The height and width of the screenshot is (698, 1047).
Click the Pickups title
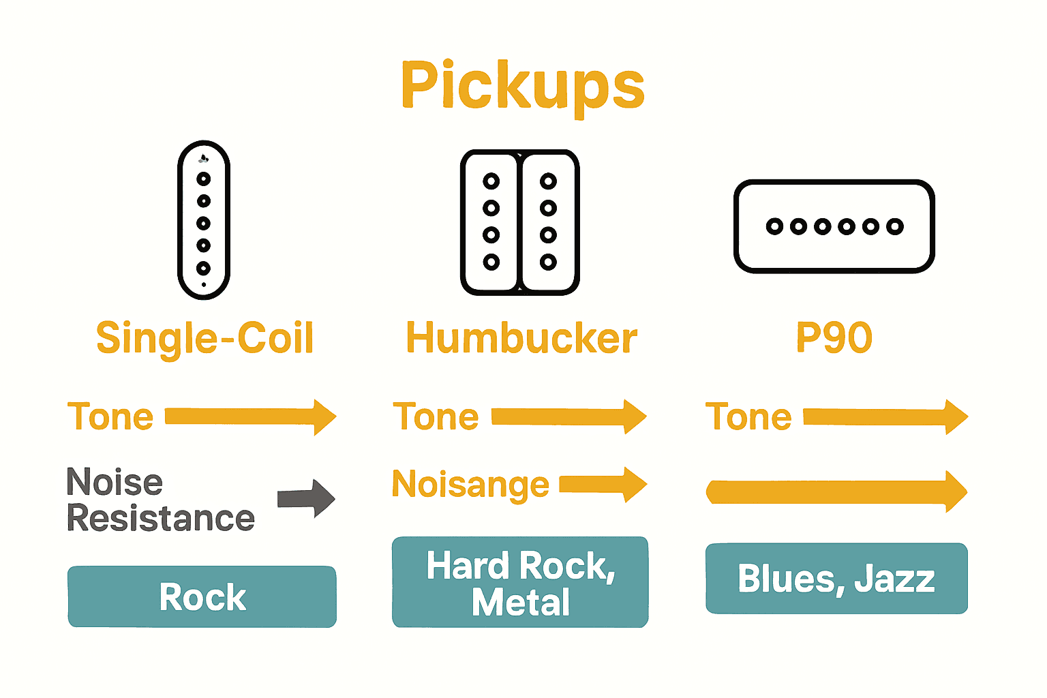pyautogui.click(x=523, y=85)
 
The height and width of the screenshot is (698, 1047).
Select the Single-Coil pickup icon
pyautogui.click(x=204, y=219)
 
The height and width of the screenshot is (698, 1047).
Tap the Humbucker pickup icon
pyautogui.click(x=520, y=222)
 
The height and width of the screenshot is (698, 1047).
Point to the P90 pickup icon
pyautogui.click(x=834, y=226)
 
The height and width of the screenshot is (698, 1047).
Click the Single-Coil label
pyautogui.click(x=204, y=338)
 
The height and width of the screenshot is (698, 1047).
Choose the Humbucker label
pyautogui.click(x=521, y=338)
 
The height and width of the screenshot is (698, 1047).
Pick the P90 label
pyautogui.click(x=834, y=338)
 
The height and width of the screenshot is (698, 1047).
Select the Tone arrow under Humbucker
pyautogui.click(x=568, y=416)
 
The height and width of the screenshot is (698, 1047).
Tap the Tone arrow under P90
pyautogui.click(x=885, y=416)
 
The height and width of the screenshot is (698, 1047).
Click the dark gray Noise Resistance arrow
pyautogui.click(x=306, y=498)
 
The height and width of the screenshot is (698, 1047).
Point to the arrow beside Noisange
pyautogui.click(x=603, y=485)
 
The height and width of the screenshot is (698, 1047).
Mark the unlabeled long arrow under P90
pyautogui.click(x=836, y=491)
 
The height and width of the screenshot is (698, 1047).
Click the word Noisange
pyautogui.click(x=470, y=485)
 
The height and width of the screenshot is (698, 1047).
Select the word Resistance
pyautogui.click(x=161, y=519)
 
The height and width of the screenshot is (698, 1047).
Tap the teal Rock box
pyautogui.click(x=202, y=596)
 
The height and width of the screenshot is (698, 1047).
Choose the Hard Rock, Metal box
pyautogui.click(x=520, y=582)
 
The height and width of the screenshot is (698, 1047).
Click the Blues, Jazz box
pyautogui.click(x=836, y=579)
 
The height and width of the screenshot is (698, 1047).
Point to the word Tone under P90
pyautogui.click(x=748, y=416)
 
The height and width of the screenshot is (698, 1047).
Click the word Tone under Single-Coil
pyautogui.click(x=110, y=416)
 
